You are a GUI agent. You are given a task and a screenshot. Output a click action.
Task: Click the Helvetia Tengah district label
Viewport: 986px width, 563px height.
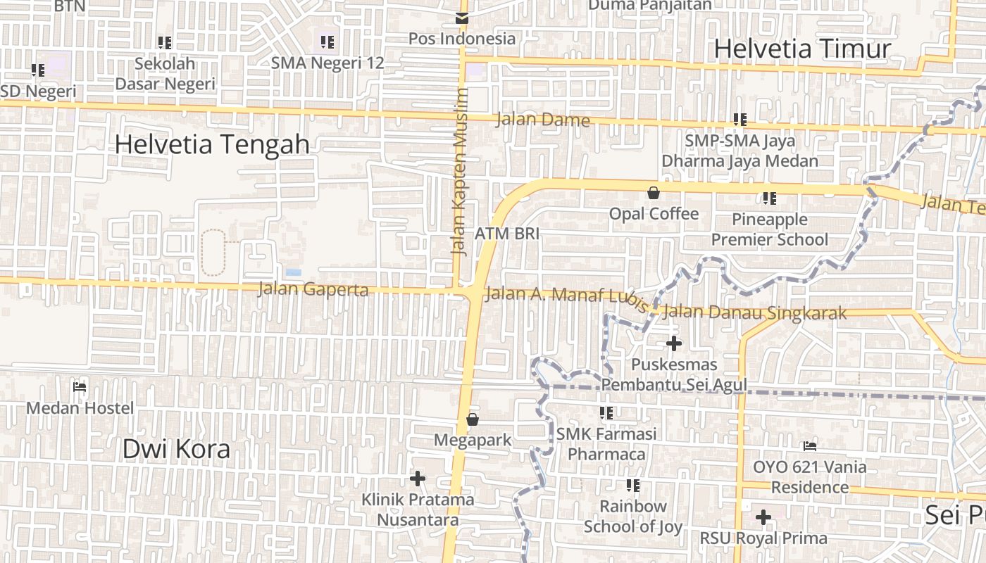(x=211, y=144)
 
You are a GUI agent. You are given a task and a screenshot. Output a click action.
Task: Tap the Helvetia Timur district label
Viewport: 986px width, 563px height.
(x=802, y=49)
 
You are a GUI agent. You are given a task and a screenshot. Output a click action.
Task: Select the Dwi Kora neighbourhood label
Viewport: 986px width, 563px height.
(x=176, y=449)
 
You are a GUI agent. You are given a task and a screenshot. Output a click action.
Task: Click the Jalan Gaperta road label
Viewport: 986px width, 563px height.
(x=313, y=289)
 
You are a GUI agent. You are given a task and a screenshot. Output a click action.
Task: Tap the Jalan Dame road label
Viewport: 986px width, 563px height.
(x=542, y=120)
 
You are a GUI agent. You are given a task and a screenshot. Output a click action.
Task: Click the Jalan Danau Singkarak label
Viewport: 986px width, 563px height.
(x=755, y=312)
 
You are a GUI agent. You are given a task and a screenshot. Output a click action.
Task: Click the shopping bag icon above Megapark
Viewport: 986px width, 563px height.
(x=473, y=420)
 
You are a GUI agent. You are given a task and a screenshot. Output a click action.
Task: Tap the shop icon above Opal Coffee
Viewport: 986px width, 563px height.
(x=654, y=193)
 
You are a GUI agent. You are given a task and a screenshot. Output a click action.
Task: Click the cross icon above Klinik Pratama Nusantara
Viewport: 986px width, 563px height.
(x=418, y=479)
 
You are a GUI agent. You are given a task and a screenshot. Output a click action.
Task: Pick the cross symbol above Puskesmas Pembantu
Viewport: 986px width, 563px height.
(x=674, y=343)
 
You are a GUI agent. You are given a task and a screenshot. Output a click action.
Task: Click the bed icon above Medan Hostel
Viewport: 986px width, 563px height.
(x=80, y=386)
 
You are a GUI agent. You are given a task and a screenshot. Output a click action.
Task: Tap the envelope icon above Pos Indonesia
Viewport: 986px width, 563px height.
(x=462, y=18)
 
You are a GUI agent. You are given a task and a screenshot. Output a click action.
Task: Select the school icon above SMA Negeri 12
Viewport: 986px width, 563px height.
(x=327, y=42)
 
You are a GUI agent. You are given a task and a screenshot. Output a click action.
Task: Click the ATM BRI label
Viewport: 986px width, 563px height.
(x=507, y=234)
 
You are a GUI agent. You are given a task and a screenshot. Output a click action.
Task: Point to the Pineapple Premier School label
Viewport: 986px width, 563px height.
(x=769, y=229)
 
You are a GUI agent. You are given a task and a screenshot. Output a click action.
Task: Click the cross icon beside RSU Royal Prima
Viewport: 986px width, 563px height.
(x=763, y=517)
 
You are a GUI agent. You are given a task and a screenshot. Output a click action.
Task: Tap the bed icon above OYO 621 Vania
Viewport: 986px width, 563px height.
(x=810, y=445)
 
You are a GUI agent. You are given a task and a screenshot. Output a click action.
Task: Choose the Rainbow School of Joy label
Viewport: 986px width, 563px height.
(x=632, y=516)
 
